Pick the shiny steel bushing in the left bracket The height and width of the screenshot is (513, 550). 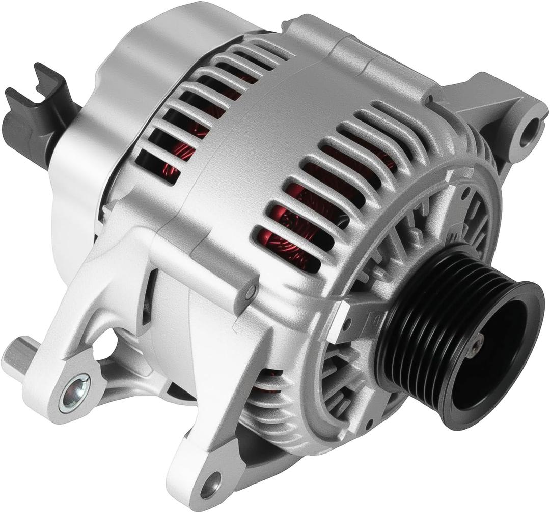[74, 393]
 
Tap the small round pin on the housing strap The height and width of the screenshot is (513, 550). [249, 292]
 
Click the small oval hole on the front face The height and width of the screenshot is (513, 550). [464, 194]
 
